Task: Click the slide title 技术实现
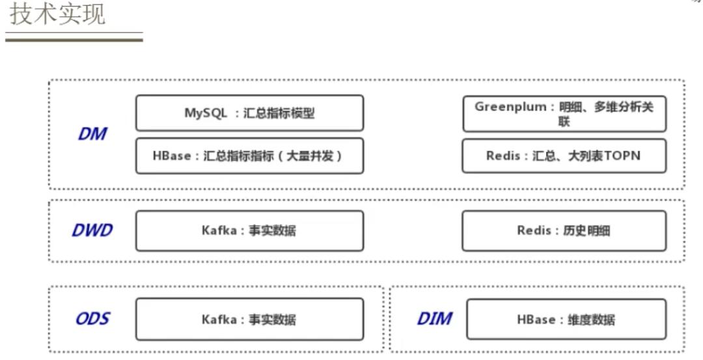point(57,14)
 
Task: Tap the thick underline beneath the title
point(74,40)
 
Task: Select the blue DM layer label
point(92,135)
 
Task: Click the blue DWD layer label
point(92,230)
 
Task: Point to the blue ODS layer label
point(92,319)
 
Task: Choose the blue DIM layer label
point(434,319)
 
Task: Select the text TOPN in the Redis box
point(621,156)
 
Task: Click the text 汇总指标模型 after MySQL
point(279,113)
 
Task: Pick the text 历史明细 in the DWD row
point(587,230)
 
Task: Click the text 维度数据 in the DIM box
point(592,320)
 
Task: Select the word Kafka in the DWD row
point(219,230)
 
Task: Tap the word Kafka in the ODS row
point(219,320)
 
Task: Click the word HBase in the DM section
point(172,156)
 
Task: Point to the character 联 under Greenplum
point(564,122)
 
